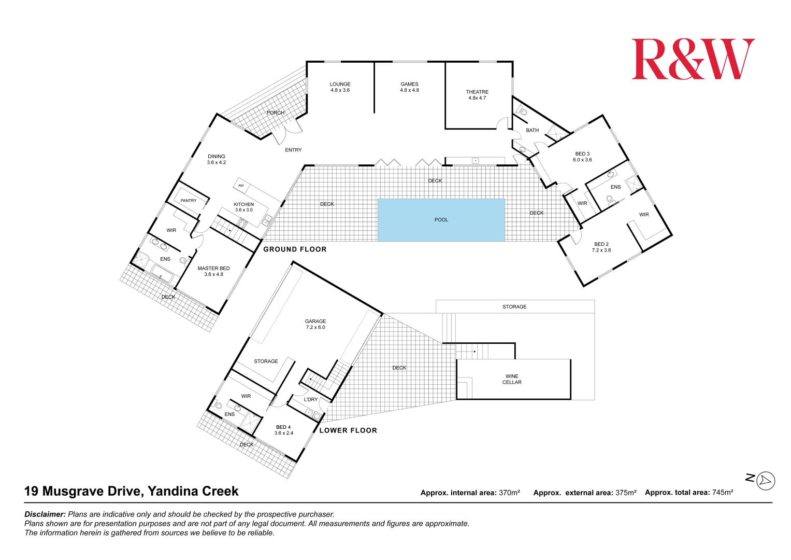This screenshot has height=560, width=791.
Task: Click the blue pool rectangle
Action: (441, 220)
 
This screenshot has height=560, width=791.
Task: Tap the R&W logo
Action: (693, 59)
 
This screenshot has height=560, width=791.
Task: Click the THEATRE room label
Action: (477, 95)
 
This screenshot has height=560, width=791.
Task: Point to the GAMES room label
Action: (409, 87)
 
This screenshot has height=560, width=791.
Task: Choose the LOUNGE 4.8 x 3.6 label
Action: (340, 87)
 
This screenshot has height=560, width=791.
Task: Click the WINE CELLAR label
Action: (512, 379)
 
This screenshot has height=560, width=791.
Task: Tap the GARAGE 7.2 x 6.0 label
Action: (315, 324)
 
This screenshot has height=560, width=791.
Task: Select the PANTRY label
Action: (189, 201)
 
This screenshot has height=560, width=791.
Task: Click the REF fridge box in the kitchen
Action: (241, 186)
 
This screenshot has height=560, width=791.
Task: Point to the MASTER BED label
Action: (213, 271)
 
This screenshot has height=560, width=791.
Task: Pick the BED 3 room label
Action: (582, 157)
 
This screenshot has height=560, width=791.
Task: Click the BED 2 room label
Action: (601, 247)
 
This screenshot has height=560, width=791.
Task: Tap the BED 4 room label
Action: (283, 430)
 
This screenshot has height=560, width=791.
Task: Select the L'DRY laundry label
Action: (311, 399)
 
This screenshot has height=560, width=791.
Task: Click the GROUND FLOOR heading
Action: (295, 249)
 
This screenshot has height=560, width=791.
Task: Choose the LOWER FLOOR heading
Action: (348, 430)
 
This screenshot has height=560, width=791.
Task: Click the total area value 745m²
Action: (722, 493)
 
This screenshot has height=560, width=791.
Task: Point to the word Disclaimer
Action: (45, 514)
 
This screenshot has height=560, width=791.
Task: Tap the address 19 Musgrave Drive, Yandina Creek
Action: (132, 491)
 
